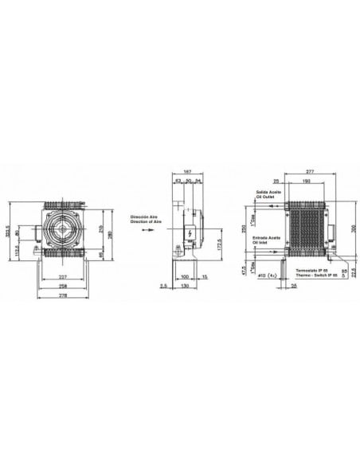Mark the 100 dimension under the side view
(x=186, y=276)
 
